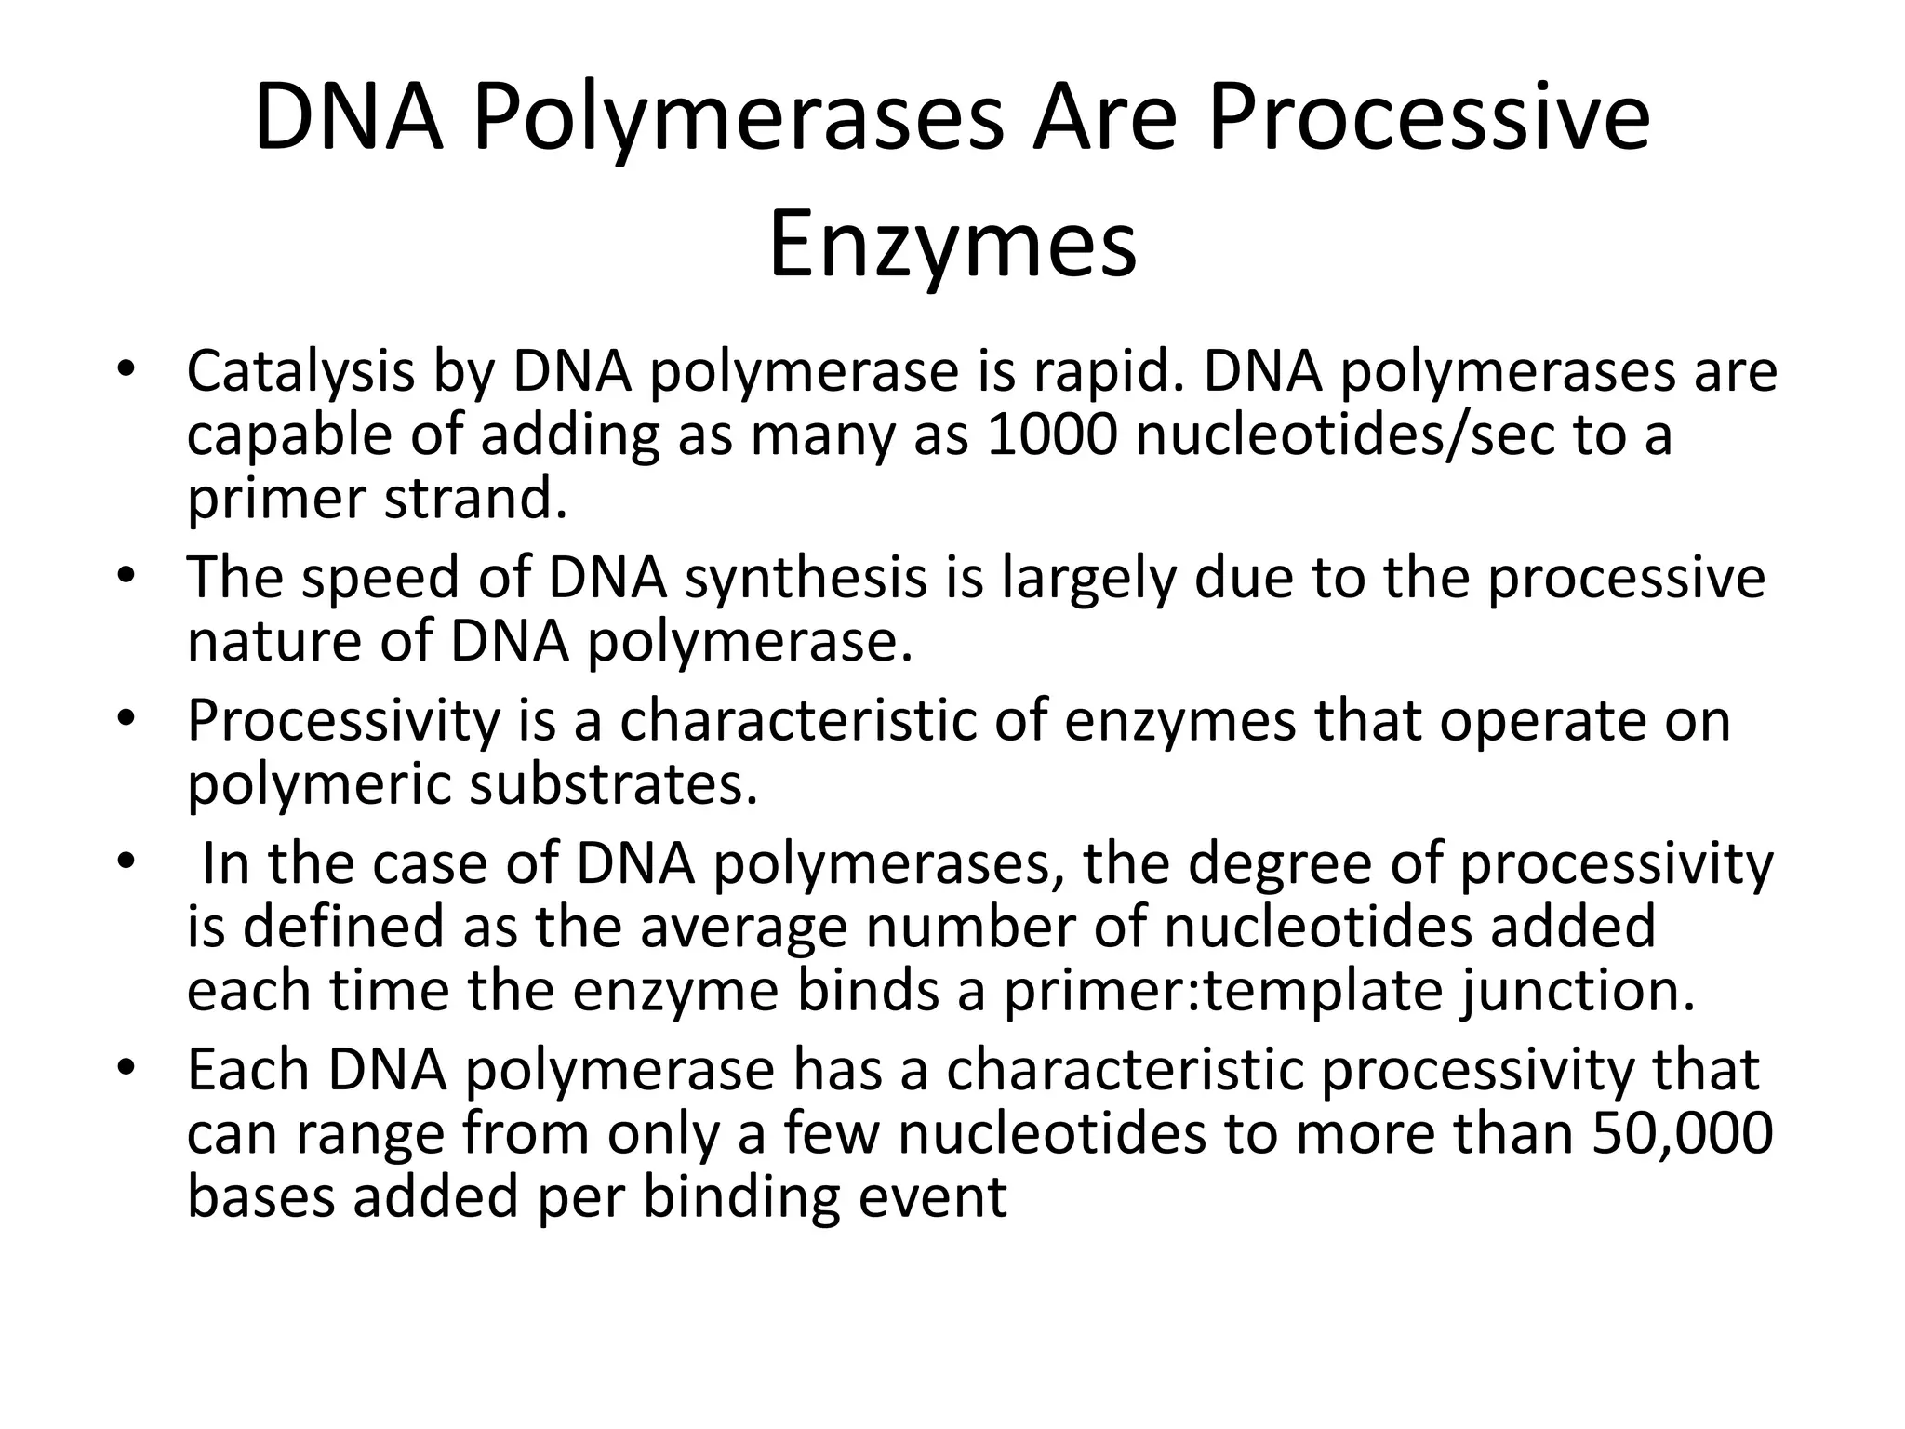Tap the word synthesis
(x=806, y=579)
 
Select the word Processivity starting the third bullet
(x=344, y=722)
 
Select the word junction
(x=1578, y=992)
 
